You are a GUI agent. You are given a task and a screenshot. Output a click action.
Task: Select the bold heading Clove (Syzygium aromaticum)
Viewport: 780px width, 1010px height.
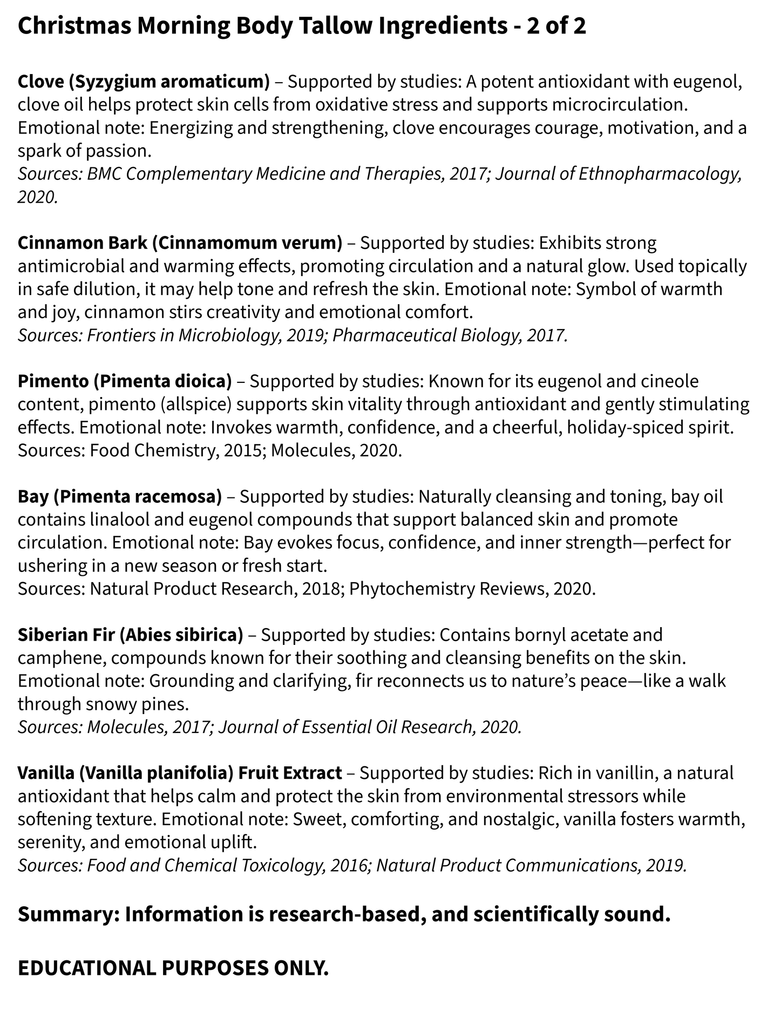pyautogui.click(x=143, y=82)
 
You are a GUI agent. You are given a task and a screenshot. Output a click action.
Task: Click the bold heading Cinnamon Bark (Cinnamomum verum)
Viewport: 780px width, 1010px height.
pyautogui.click(x=180, y=243)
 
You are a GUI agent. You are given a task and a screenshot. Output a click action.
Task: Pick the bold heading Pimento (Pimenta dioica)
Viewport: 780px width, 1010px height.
pyautogui.click(x=125, y=381)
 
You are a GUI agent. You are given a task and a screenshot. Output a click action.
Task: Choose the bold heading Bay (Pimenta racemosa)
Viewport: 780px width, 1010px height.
pyautogui.click(x=119, y=496)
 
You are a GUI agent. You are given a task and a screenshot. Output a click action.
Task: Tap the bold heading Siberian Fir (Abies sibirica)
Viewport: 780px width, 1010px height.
pyautogui.click(x=130, y=635)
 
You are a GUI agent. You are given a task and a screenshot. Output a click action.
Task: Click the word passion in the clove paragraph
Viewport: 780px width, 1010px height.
pyautogui.click(x=118, y=151)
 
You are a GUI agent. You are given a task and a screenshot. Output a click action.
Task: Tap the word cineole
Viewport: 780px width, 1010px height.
pyautogui.click(x=669, y=381)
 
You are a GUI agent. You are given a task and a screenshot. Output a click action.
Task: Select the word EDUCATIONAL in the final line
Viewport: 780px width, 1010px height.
pyautogui.click(x=85, y=968)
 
